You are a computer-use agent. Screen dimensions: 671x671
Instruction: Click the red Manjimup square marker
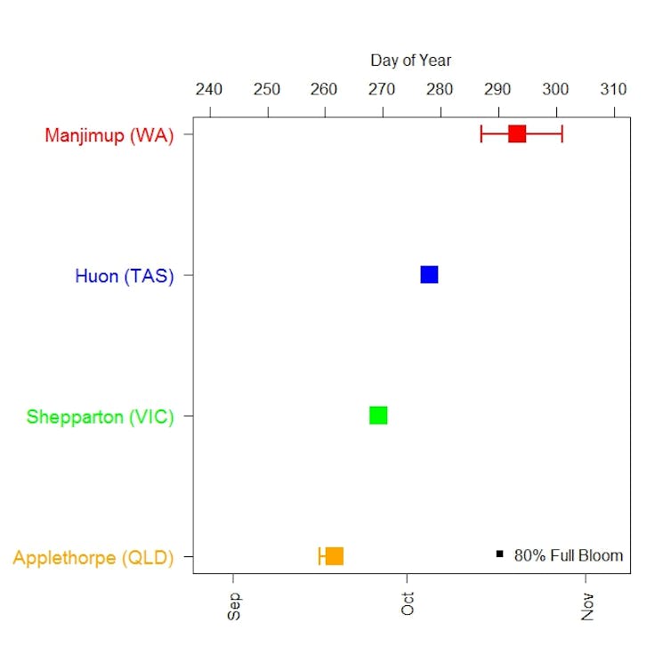517,134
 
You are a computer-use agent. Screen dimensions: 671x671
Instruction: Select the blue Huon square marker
429,275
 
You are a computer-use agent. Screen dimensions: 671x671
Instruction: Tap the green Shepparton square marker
378,416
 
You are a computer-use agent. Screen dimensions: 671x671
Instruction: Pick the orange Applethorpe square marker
335,556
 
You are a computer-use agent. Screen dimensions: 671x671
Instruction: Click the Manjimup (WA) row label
109,136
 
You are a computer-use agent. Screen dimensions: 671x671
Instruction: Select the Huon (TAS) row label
125,276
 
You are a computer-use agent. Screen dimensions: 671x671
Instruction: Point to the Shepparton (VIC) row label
100,416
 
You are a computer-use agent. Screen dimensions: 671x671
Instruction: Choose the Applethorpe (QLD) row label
93,558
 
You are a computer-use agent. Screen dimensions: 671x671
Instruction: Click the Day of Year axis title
411,61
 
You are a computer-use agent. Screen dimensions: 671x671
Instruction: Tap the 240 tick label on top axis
209,90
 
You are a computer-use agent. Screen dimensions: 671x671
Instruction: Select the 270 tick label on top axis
382,90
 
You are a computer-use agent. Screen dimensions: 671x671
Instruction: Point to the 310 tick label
613,90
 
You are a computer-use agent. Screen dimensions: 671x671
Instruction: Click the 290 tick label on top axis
497,90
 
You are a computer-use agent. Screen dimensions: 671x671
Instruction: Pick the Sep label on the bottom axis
234,604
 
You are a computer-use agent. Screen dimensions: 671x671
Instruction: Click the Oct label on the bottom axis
408,604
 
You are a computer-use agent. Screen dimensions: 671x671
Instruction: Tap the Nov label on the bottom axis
587,604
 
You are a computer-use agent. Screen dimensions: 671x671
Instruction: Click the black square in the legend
500,554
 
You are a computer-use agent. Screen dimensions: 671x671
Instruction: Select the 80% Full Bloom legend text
569,555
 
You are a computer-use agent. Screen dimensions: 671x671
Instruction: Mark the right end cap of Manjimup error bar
562,134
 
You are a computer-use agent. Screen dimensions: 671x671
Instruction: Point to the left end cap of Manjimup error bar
481,134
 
